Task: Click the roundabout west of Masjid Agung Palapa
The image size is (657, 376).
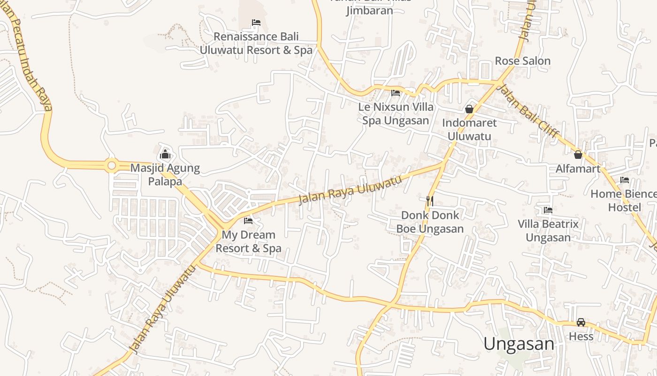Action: (x=111, y=165)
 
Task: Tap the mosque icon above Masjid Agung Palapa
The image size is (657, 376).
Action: (x=165, y=154)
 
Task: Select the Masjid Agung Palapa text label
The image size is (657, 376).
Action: (x=165, y=174)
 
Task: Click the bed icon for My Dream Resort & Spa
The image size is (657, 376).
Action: (x=248, y=220)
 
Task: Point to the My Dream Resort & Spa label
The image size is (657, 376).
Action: (x=248, y=241)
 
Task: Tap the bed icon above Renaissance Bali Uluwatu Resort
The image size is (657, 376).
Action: (x=256, y=23)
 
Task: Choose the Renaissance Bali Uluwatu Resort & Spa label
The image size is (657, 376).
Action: (x=256, y=43)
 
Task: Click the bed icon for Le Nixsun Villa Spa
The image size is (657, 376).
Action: (x=396, y=93)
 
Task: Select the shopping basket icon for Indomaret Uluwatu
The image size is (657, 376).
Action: (x=469, y=109)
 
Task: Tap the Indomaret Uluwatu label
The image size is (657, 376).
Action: (x=469, y=129)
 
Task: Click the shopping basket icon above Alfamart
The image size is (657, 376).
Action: (x=578, y=154)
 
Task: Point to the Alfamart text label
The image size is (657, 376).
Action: (x=578, y=169)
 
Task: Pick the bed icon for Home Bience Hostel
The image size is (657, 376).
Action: (x=624, y=180)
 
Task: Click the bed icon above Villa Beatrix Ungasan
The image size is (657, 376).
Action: (x=548, y=210)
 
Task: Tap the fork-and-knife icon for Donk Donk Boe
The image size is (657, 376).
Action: (x=429, y=201)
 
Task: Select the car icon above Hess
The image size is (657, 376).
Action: (x=581, y=322)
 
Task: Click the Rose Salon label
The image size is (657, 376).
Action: (x=522, y=61)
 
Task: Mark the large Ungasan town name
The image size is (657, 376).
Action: (x=519, y=344)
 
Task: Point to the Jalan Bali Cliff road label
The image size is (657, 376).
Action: (x=528, y=111)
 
